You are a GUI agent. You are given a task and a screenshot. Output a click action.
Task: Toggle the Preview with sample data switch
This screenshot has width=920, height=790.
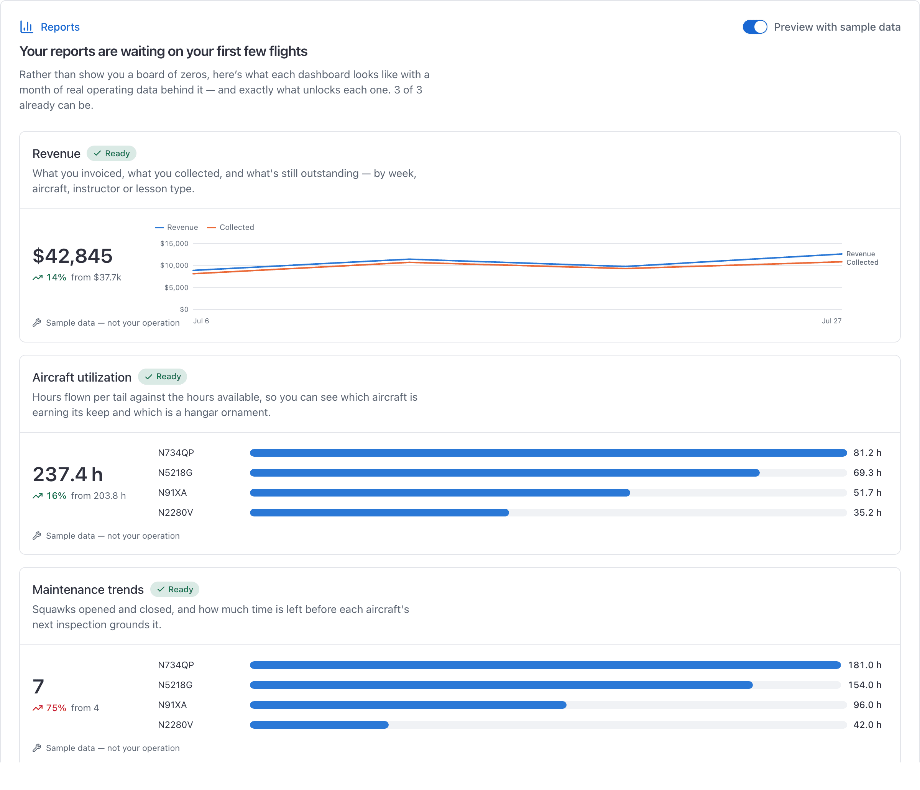[x=755, y=27]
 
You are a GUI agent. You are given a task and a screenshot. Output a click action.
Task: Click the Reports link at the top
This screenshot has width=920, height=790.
[x=60, y=27]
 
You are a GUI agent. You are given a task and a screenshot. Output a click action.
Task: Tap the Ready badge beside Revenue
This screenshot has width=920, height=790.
[x=112, y=154]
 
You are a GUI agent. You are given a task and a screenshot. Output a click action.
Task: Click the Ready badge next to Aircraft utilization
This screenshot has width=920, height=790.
[x=163, y=377]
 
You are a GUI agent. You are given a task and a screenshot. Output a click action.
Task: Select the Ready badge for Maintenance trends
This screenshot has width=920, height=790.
[x=174, y=589]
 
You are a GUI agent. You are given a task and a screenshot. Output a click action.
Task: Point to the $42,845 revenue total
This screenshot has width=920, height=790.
[x=73, y=256]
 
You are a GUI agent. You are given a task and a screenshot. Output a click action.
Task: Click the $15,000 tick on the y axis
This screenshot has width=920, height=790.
[x=174, y=244]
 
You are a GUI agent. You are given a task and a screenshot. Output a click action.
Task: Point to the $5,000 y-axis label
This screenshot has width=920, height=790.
[x=176, y=288]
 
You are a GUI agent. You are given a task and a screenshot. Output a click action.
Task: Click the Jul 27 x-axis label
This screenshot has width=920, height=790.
[x=831, y=321]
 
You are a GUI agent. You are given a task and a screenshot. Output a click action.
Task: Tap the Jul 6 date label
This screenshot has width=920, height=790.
[x=201, y=321]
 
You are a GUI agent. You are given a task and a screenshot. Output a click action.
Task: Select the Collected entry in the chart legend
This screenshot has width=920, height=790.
[x=231, y=227]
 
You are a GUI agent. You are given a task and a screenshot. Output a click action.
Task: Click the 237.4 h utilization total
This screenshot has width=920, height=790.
[x=68, y=474]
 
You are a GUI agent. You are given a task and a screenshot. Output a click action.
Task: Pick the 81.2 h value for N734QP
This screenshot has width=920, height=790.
[x=867, y=453]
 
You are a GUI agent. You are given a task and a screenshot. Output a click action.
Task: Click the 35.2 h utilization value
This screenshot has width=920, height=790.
[x=867, y=513]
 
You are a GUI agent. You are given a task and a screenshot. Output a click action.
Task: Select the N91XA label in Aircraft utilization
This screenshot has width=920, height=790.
[x=172, y=493]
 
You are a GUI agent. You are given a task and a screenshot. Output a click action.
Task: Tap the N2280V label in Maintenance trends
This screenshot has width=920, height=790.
[x=176, y=725]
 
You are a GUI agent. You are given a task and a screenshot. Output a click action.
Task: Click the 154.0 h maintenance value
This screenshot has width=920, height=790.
[x=864, y=685]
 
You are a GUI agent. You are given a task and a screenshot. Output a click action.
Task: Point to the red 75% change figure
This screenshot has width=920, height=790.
[x=56, y=708]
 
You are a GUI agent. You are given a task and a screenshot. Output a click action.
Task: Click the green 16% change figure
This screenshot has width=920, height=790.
[x=56, y=496]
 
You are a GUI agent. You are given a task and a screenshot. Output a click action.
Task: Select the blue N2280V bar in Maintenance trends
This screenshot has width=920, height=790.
[x=319, y=725]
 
